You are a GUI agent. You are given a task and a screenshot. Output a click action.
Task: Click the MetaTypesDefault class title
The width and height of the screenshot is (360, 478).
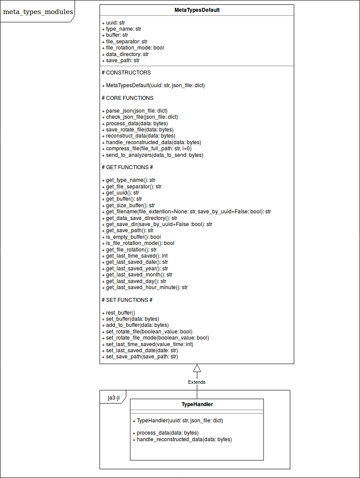196,10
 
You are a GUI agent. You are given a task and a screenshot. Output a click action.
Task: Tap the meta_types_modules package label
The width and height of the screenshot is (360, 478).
38,12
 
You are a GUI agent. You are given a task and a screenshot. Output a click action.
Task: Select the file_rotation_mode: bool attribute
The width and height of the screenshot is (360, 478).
132,48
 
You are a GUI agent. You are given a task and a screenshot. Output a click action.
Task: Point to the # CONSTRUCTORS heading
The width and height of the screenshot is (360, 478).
126,73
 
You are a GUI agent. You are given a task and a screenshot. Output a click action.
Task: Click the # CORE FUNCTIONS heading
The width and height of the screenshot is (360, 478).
127,98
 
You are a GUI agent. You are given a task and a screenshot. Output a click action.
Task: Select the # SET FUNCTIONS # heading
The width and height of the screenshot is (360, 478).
127,300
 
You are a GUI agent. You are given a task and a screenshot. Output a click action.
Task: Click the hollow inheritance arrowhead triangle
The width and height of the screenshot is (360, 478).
197,368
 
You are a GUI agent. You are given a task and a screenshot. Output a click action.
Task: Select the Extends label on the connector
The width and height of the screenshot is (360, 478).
197,382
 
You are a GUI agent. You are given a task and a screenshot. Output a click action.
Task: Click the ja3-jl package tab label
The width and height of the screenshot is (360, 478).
114,398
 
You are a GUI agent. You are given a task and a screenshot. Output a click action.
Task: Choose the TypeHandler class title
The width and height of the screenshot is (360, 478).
197,404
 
